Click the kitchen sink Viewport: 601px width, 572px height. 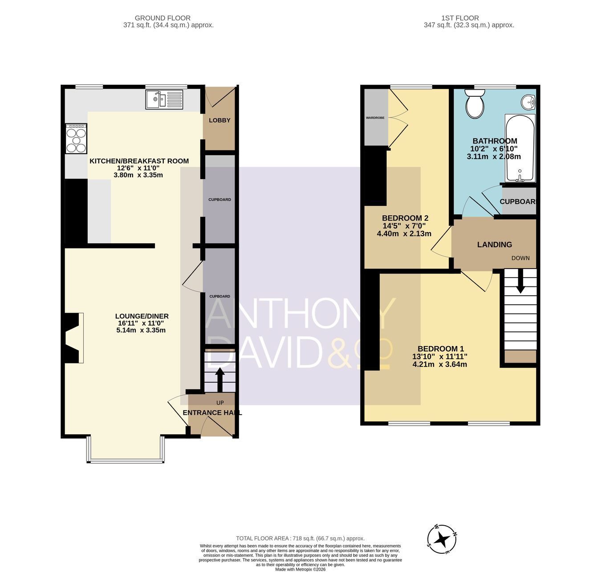(x=164, y=99)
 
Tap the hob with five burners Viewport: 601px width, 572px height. (x=77, y=139)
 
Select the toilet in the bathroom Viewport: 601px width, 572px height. (x=475, y=104)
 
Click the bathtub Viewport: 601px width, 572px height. (x=520, y=148)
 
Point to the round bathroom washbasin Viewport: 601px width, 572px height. (x=529, y=102)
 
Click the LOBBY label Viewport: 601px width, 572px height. (x=219, y=120)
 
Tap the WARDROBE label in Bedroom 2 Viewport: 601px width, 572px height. (x=375, y=118)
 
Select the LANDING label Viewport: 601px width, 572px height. (x=494, y=245)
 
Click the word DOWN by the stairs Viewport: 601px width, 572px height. (x=520, y=258)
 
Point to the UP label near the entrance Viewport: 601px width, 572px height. (x=220, y=403)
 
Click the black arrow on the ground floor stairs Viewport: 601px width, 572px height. (x=219, y=379)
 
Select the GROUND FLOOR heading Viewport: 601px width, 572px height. (x=162, y=18)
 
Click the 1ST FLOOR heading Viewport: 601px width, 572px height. (x=460, y=18)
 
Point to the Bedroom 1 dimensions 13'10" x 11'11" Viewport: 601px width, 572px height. (x=439, y=356)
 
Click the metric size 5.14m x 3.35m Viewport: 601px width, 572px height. (x=141, y=330)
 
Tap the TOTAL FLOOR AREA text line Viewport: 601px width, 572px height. (x=300, y=538)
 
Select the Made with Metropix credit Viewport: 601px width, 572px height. (x=300, y=570)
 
